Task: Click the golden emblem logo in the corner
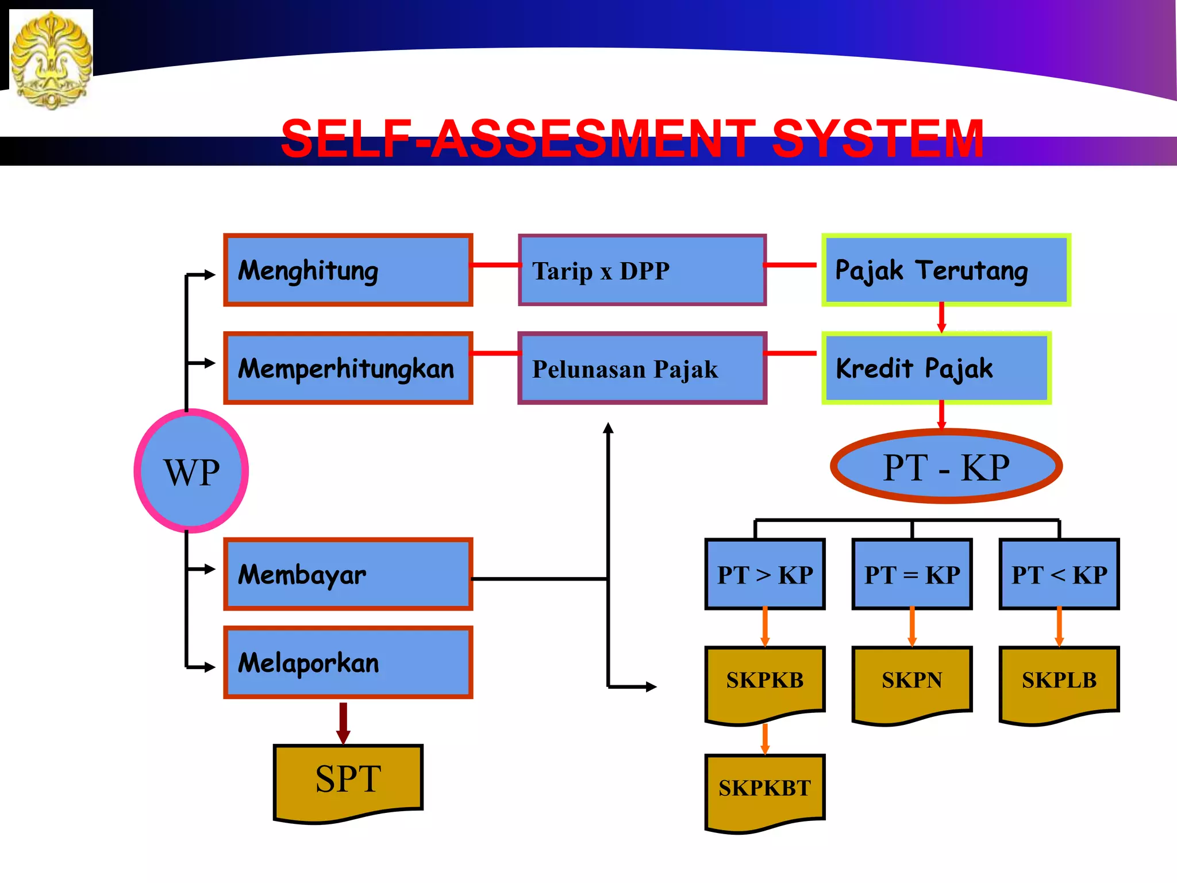click(51, 59)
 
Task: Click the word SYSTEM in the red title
click(877, 139)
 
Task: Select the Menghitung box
click(348, 270)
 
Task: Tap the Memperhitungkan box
click(348, 368)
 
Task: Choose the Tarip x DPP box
click(642, 270)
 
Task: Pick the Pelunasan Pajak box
click(642, 368)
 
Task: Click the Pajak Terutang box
click(946, 270)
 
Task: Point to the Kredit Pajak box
click(936, 368)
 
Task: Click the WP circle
click(191, 471)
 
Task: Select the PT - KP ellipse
click(946, 466)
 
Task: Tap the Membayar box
click(348, 574)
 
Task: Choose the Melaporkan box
click(348, 662)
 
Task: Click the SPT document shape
click(348, 781)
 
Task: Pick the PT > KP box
click(765, 574)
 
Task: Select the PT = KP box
click(912, 574)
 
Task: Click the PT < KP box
click(1059, 574)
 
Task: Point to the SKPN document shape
click(912, 682)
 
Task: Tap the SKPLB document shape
click(1059, 682)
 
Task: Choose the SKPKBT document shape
click(765, 789)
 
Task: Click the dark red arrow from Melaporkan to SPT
click(343, 722)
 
